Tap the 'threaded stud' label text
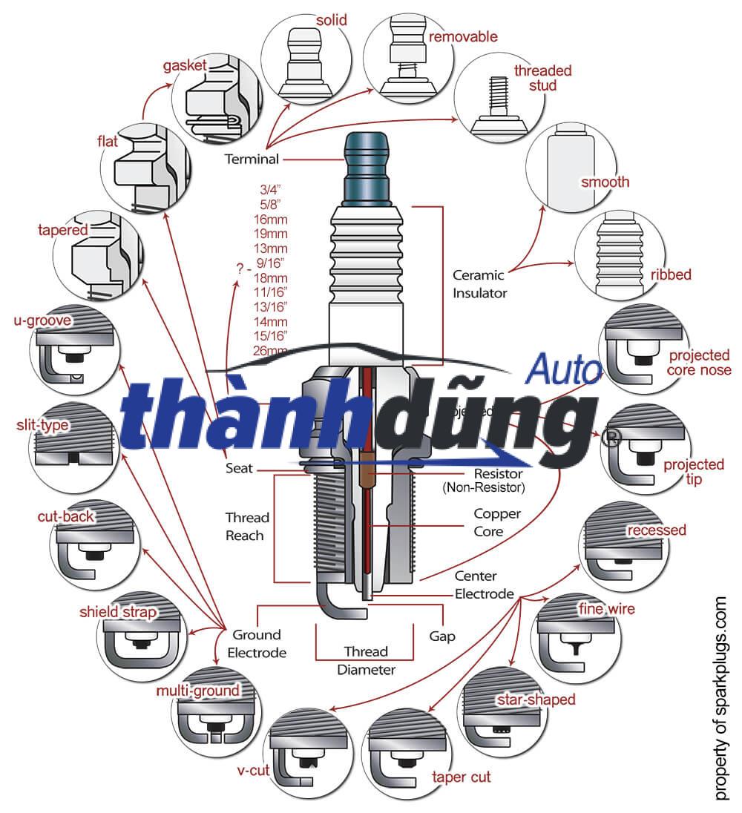click(543, 78)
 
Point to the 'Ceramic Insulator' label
click(479, 283)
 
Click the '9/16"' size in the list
click(271, 263)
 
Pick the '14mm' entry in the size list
click(271, 320)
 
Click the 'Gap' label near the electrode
click(442, 636)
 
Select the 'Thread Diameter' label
click(366, 660)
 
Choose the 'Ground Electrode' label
click(257, 644)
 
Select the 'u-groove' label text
click(42, 320)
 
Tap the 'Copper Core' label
click(498, 522)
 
